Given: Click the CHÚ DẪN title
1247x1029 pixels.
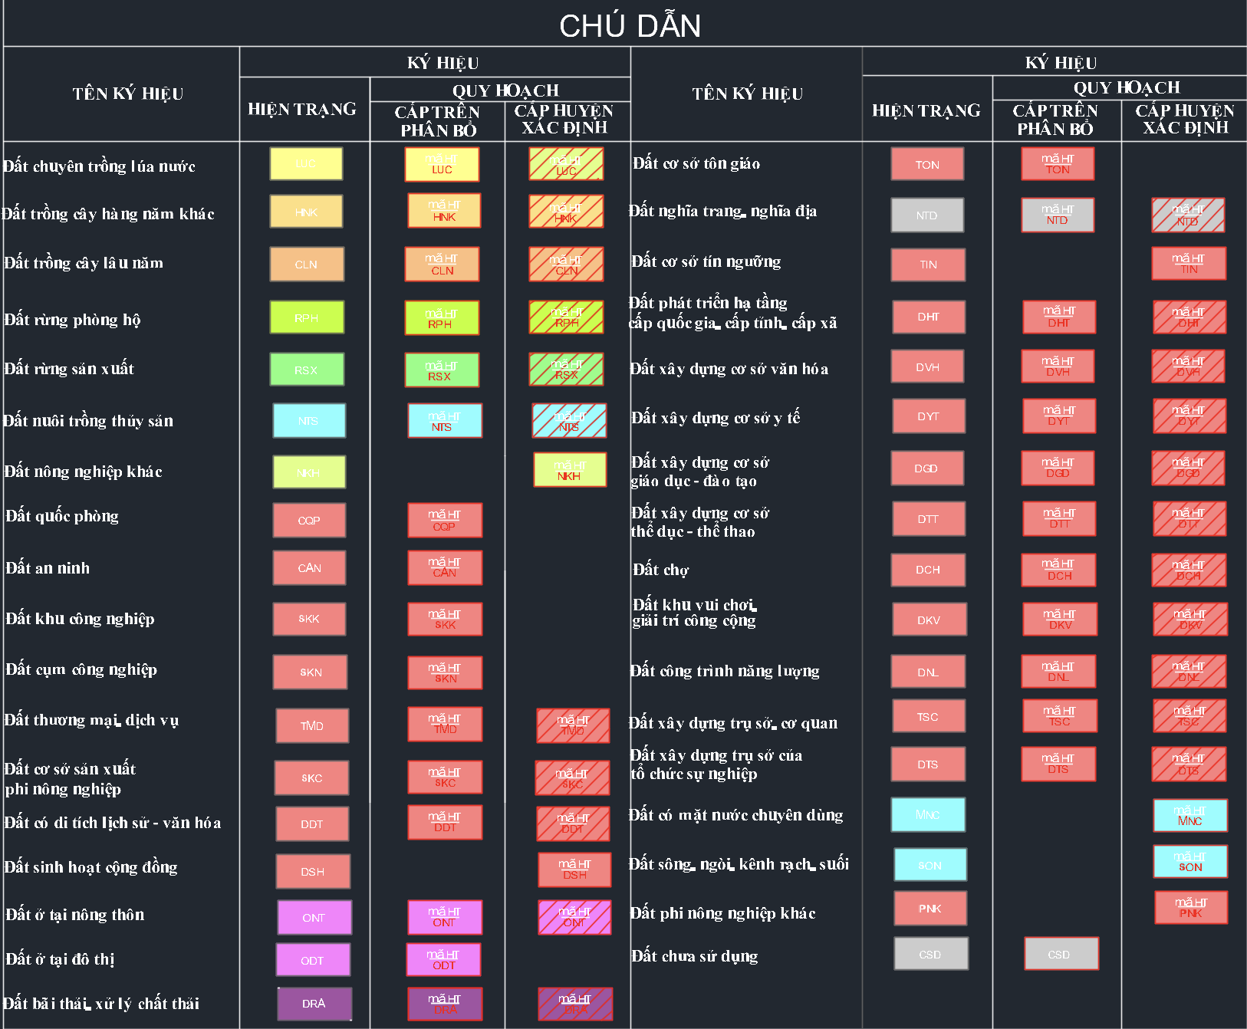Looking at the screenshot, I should click(x=630, y=26).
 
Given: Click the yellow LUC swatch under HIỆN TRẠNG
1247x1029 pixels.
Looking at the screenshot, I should click(x=306, y=164).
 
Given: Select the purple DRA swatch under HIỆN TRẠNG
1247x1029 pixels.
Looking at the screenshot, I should click(x=314, y=1004).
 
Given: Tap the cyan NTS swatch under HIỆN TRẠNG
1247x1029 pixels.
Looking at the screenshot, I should click(x=309, y=421).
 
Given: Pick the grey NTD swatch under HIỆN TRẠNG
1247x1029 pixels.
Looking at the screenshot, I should click(x=927, y=215).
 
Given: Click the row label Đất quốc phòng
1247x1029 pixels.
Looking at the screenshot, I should click(x=62, y=516).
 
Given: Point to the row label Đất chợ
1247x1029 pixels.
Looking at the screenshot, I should click(x=660, y=570).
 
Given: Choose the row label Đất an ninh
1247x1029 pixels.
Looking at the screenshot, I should click(x=48, y=568).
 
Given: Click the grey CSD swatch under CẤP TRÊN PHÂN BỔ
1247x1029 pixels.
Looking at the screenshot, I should click(x=1061, y=954).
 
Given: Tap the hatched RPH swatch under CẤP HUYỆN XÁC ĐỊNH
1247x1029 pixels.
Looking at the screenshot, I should click(x=567, y=317).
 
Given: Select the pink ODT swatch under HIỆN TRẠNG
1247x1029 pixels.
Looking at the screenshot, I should click(x=313, y=960).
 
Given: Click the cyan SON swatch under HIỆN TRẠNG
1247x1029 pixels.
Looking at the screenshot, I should click(x=930, y=865).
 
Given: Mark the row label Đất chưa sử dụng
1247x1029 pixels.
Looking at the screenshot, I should click(x=694, y=956).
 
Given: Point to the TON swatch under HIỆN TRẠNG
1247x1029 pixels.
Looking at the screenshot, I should click(x=927, y=164).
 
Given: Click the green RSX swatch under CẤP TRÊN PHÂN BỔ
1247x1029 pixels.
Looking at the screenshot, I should click(x=442, y=370).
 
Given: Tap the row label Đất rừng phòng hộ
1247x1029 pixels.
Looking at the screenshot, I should click(x=72, y=320).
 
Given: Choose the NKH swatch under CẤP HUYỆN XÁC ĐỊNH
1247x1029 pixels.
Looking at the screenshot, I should click(x=570, y=470).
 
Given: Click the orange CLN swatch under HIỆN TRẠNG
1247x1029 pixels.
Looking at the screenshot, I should click(x=307, y=265).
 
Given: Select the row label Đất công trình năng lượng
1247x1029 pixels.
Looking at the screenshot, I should click(x=724, y=671).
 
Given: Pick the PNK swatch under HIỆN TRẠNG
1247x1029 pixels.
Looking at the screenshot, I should click(x=930, y=909).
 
